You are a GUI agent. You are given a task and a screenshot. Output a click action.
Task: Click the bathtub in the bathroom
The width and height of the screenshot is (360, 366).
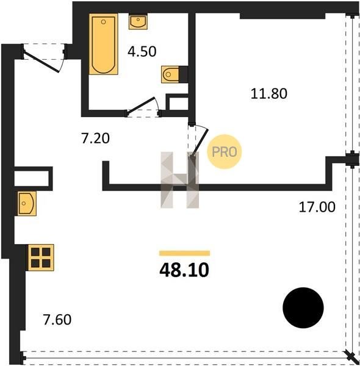[104, 44]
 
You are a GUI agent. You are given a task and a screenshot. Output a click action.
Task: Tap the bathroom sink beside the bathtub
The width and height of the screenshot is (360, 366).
[138, 22]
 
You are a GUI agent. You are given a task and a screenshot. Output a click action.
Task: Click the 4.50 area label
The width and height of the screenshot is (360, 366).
[142, 52]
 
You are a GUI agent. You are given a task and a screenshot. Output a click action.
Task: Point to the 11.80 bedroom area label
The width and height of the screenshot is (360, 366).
[268, 93]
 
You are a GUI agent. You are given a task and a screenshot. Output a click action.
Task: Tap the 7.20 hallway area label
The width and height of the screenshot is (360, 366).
[95, 138]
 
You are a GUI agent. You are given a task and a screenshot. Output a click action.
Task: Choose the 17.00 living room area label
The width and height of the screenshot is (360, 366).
[317, 207]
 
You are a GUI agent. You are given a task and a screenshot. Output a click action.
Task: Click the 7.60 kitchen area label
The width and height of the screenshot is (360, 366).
[57, 320]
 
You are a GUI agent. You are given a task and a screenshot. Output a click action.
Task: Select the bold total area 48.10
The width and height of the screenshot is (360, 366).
[184, 270]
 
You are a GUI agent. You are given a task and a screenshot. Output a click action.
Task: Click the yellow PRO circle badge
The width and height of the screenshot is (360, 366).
[225, 152]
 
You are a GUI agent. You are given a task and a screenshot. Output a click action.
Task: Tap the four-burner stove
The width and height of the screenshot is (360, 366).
[41, 257]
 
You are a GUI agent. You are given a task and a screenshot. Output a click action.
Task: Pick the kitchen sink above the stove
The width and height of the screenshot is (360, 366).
[26, 204]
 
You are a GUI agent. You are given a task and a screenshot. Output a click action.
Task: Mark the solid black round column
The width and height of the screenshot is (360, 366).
[303, 307]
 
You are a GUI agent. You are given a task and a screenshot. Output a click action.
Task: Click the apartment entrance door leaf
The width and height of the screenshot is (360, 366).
[41, 62]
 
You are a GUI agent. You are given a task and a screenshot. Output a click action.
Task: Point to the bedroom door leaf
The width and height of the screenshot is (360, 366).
[200, 143]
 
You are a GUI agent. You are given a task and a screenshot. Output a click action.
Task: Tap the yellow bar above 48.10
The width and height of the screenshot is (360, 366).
[184, 253]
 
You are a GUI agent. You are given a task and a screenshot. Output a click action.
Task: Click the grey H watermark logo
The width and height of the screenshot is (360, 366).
[180, 180]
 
